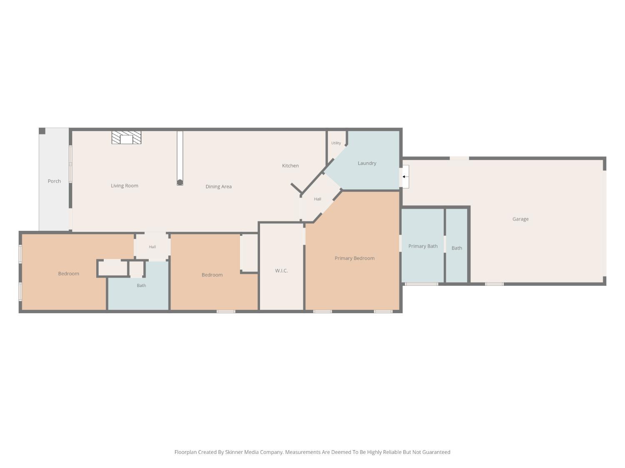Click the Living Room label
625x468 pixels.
tap(125, 186)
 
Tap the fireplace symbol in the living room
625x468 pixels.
tap(126, 137)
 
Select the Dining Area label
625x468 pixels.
tap(218, 186)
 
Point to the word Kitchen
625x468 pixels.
tap(290, 166)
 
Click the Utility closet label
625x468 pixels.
tap(336, 143)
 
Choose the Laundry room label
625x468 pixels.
tap(367, 163)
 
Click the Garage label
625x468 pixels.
tap(520, 219)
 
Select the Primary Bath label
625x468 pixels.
tap(423, 246)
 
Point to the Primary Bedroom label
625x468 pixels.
tap(355, 258)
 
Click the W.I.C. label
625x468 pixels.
tap(281, 270)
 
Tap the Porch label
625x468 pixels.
tap(54, 181)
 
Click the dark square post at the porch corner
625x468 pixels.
tap(42, 131)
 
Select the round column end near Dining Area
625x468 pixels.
tap(180, 182)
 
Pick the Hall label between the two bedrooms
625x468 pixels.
tap(152, 247)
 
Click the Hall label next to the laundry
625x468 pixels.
tap(317, 199)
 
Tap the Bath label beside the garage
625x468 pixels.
tap(457, 248)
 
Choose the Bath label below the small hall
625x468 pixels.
tap(141, 285)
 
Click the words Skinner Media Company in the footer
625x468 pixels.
tap(254, 452)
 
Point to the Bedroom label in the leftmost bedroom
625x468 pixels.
tap(69, 273)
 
